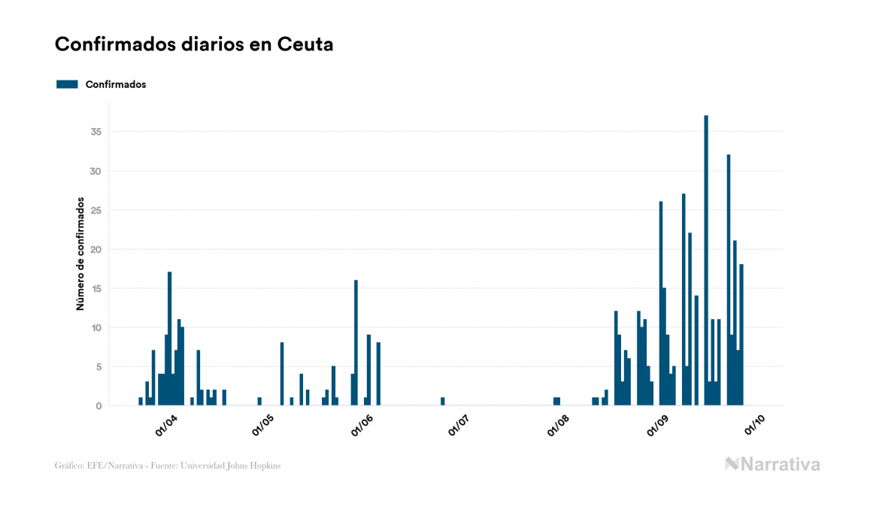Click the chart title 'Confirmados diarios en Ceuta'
194,44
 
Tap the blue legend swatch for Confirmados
67,84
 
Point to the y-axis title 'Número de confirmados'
79,254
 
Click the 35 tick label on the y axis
95,132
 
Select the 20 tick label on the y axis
95,250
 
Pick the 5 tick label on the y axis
99,367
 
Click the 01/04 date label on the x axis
166,424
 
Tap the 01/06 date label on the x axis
364,424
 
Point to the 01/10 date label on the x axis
755,424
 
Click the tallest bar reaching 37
706,260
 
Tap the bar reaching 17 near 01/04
170,339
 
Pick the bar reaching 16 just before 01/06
356,342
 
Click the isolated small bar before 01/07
443,402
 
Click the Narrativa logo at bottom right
772,464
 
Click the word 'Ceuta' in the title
305,44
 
